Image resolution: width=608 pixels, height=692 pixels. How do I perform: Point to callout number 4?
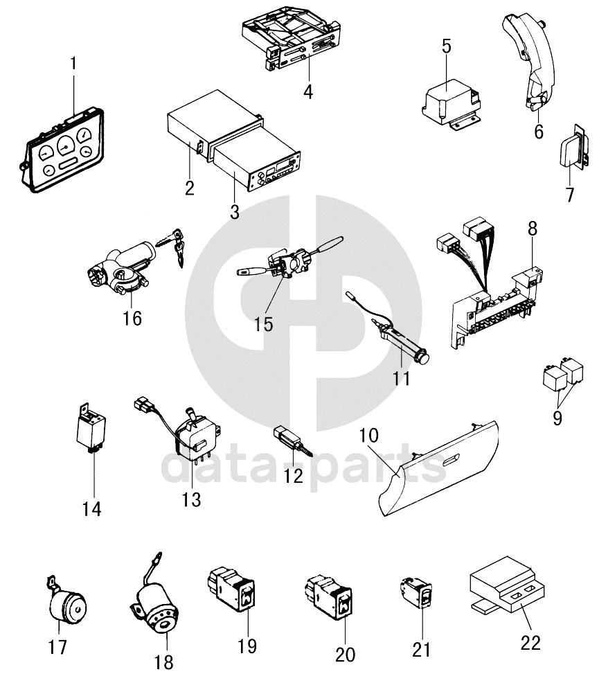pyautogui.click(x=307, y=91)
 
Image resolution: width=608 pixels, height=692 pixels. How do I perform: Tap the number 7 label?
pyautogui.click(x=569, y=195)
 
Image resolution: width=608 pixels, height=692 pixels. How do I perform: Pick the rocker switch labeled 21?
pyautogui.click(x=418, y=593)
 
